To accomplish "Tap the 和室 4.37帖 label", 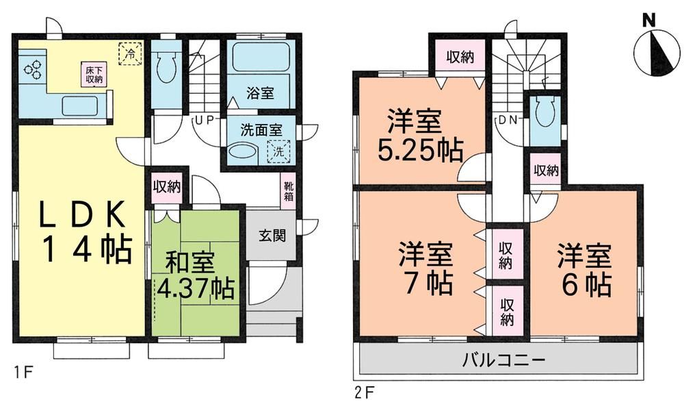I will pyautogui.click(x=196, y=275).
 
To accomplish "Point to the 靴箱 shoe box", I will pyautogui.click(x=289, y=191).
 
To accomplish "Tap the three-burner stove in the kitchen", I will pyautogui.click(x=31, y=68).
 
